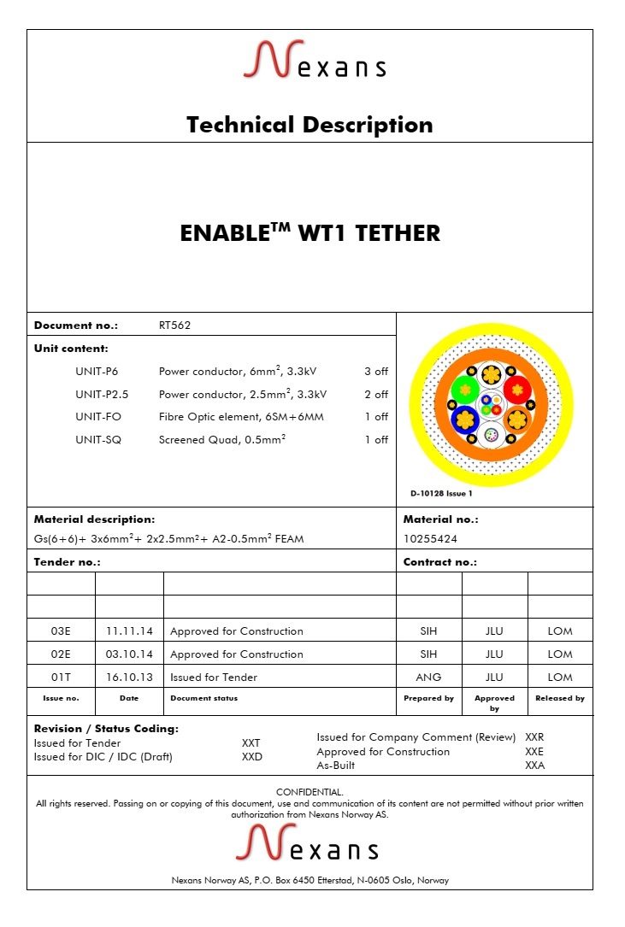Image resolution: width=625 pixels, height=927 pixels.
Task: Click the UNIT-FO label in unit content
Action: [100, 417]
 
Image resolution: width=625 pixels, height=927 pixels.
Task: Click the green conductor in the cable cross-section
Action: [465, 390]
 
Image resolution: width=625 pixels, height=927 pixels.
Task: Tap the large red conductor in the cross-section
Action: [517, 390]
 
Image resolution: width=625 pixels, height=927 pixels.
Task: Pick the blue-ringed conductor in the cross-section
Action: [464, 419]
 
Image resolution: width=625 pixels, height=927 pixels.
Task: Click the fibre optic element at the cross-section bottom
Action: [492, 436]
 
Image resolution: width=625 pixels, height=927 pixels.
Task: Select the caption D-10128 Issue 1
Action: [440, 493]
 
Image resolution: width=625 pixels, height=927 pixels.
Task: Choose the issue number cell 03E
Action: [61, 631]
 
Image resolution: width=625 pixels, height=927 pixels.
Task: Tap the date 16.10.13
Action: [129, 678]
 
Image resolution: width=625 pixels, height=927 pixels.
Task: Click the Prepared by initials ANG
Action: [428, 678]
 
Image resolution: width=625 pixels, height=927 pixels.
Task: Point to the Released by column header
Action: [560, 698]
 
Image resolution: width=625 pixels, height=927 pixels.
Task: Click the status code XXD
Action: [251, 757]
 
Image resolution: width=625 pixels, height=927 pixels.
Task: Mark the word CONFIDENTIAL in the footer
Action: [310, 792]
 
